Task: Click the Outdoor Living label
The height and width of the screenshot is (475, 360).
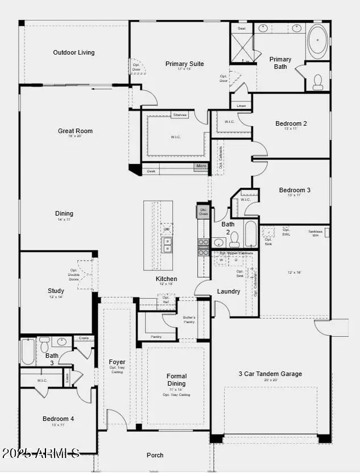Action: pos(74,53)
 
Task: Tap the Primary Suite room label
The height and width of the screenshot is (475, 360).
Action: pos(184,64)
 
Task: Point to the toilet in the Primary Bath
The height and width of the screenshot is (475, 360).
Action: pos(318,83)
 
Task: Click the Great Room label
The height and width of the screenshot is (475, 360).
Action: pos(75,131)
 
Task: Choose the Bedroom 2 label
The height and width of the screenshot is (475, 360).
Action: pos(291,124)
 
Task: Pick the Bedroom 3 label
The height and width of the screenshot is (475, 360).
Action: pos(295,191)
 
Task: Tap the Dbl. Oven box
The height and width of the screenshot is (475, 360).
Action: pos(203,211)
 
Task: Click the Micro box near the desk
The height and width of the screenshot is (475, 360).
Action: pos(201,167)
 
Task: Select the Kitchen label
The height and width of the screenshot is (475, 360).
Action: pos(167,279)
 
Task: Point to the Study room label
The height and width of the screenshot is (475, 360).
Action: pos(56,291)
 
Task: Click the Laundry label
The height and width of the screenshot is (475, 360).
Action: pos(229,292)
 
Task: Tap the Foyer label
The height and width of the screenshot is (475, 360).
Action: pos(117,362)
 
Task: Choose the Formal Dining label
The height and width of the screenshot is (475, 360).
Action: pos(176,379)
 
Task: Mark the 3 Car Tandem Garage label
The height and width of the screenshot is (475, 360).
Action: pos(270,374)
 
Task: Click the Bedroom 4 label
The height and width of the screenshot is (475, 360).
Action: pos(58,419)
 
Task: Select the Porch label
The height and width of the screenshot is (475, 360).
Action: pos(155,455)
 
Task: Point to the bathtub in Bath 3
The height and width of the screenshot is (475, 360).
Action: pos(28,351)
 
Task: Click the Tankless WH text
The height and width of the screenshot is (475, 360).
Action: pos(316,233)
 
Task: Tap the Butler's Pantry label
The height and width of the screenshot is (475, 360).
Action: pos(189,320)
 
